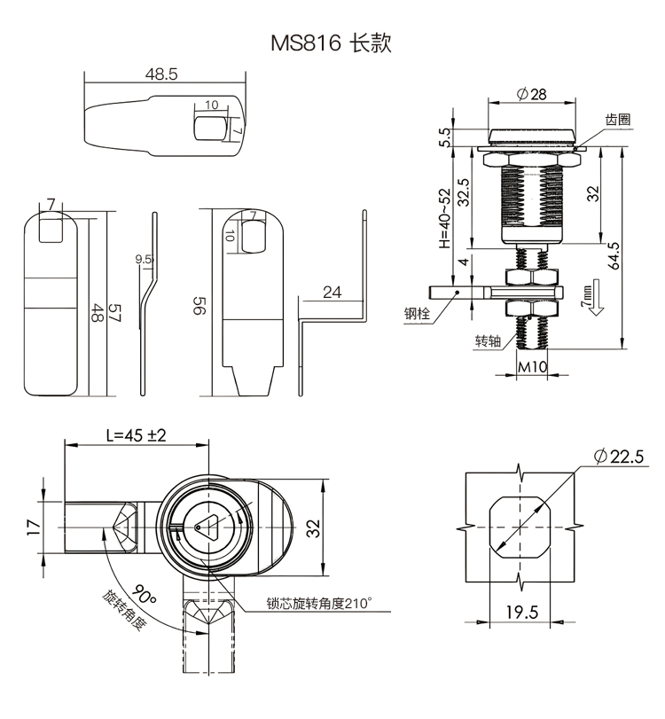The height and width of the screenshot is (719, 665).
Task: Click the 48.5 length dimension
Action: coord(161,76)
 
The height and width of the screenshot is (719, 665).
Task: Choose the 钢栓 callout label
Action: coord(417,312)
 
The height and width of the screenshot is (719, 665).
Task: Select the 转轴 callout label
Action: coord(488,341)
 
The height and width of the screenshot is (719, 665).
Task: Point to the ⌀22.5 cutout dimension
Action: coord(618,456)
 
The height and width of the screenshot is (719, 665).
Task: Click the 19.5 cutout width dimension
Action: coord(520,611)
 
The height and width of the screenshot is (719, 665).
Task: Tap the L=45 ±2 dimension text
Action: coord(136,435)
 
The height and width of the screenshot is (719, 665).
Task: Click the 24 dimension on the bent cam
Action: coord(332,293)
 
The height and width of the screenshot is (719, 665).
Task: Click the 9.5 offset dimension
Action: coord(144,260)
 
